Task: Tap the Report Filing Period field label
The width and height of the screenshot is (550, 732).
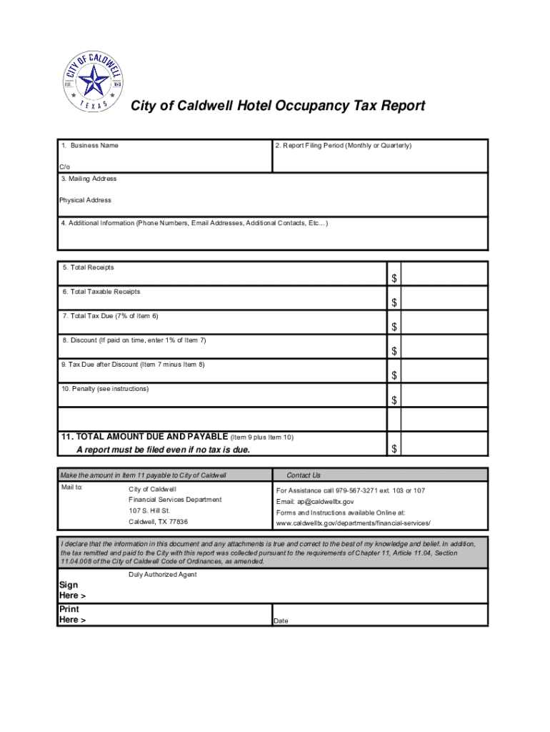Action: pos(344,146)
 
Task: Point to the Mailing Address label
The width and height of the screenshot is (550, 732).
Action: pos(89,179)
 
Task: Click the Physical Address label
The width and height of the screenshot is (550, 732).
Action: pos(85,200)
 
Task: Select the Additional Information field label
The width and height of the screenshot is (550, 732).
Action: pos(194,223)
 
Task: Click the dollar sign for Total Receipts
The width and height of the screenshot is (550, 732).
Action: pos(394,279)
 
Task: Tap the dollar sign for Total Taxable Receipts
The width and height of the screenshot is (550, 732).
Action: pos(394,303)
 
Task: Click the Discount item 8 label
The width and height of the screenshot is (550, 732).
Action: pos(134,340)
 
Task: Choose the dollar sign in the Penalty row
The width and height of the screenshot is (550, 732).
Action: pos(394,400)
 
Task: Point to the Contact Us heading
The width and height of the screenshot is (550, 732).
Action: pos(304,475)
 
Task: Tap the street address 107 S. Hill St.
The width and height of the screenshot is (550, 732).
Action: pos(149,511)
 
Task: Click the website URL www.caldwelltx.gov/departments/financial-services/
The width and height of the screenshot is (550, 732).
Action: pos(354,523)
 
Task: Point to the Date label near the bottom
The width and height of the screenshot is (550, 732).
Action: pos(281,621)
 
